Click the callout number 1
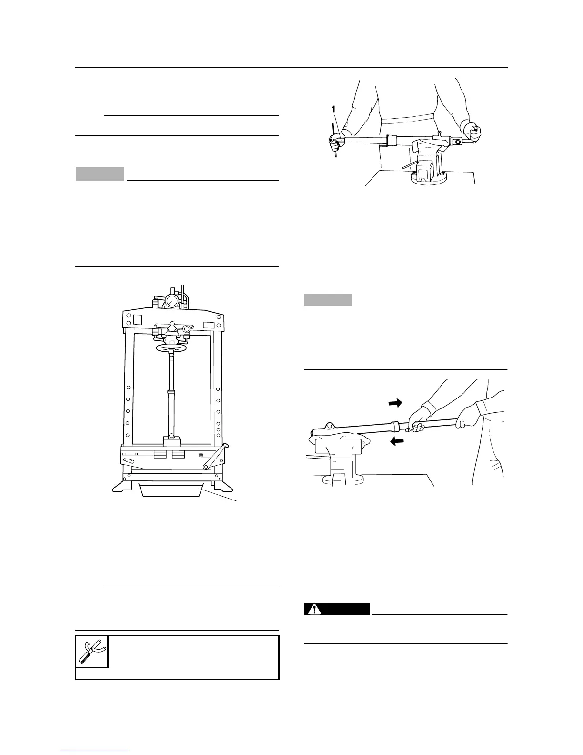[333, 110]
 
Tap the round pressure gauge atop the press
[171, 300]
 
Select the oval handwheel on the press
[171, 348]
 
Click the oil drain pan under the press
[170, 490]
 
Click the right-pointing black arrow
[395, 403]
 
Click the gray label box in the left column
[100, 174]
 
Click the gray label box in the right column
[328, 300]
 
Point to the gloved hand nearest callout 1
[336, 141]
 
